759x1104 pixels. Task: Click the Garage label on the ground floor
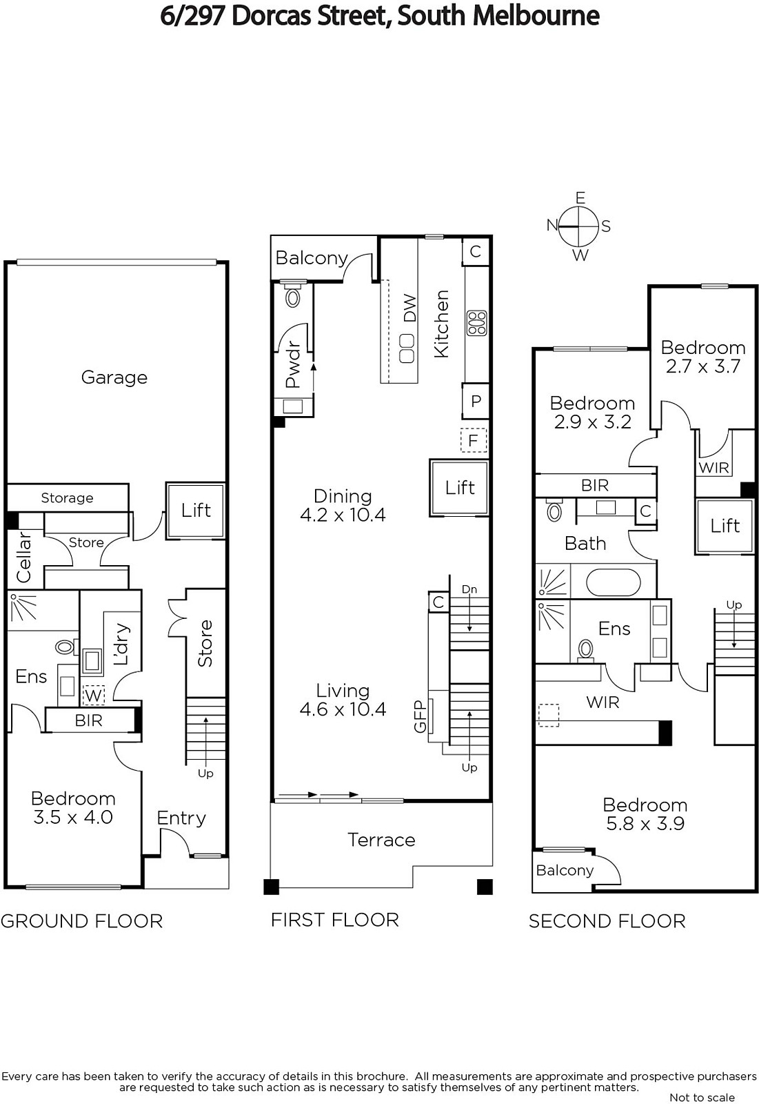tap(114, 377)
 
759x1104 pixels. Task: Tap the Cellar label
tap(23, 556)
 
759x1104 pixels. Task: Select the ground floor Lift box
tap(196, 511)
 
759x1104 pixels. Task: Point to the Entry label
tap(181, 818)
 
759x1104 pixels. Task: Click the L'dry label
tap(121, 644)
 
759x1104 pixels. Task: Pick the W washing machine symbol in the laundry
tap(93, 696)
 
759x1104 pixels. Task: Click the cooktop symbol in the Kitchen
tap(476, 323)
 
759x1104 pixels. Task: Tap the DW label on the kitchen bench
tap(409, 308)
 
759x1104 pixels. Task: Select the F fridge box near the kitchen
tap(474, 440)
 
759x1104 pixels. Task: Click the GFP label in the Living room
tap(420, 716)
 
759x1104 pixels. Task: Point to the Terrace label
tap(381, 840)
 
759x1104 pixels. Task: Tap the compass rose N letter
tap(552, 225)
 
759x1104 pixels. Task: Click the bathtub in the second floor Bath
tap(613, 582)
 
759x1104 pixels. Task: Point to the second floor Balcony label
tap(565, 870)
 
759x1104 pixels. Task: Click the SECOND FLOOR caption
tap(607, 921)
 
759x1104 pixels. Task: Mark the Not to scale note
tap(702, 1097)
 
